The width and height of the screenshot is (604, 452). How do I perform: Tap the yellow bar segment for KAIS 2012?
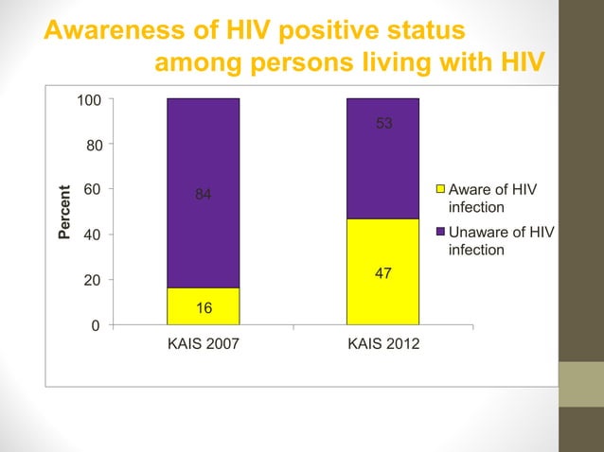click(x=382, y=272)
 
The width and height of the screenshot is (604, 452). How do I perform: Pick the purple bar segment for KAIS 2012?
click(x=382, y=158)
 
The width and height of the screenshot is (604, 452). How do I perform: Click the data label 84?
click(x=203, y=195)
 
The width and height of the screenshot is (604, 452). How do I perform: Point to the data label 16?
click(x=203, y=308)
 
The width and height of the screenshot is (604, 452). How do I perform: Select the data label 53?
click(x=383, y=124)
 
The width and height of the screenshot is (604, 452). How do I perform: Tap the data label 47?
click(x=383, y=273)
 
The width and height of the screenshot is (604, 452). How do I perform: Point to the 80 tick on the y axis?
click(x=94, y=145)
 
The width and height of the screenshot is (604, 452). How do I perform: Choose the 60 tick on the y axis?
click(x=94, y=190)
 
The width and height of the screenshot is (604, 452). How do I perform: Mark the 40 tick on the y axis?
click(x=94, y=235)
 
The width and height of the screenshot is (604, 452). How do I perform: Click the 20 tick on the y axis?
click(x=94, y=281)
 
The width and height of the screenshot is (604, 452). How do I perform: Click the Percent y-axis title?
click(x=64, y=211)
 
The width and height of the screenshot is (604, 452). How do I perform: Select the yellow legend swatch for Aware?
click(x=439, y=190)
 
